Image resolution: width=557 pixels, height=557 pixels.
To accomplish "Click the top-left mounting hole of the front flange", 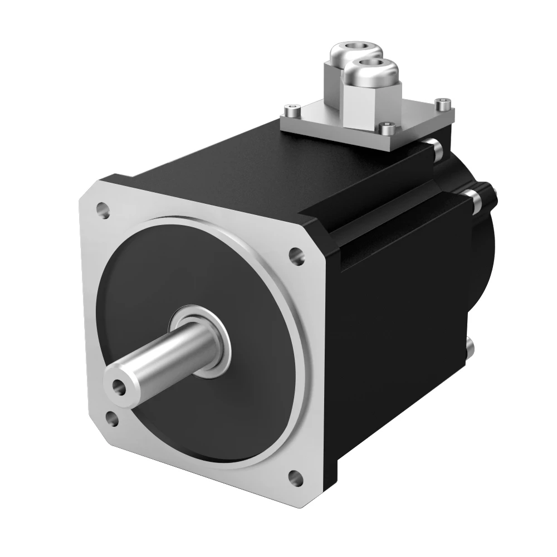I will point(102,211).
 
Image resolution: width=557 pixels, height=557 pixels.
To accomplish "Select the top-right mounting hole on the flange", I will point(294,255).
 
